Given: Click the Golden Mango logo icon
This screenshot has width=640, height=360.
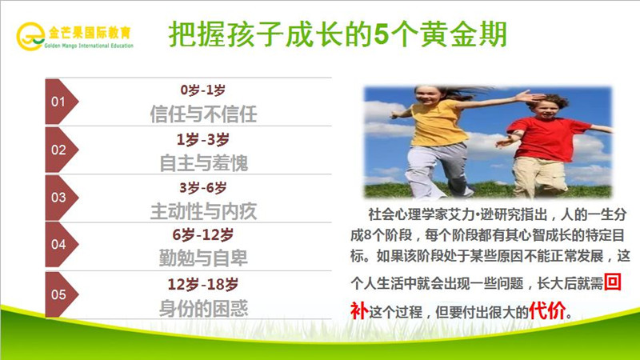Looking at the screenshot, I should click(x=32, y=34).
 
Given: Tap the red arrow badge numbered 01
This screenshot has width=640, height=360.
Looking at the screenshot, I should click(x=61, y=102).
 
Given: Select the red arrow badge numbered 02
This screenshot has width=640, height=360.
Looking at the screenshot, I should click(x=61, y=150).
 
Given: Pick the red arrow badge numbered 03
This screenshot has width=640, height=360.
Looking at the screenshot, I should click(x=61, y=198).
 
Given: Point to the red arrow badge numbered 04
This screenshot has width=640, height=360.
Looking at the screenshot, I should click(x=61, y=246).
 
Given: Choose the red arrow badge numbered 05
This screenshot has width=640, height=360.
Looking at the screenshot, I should click(x=61, y=294).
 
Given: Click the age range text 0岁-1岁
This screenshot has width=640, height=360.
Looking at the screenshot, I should click(x=202, y=90).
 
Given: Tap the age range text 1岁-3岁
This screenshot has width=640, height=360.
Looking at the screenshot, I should click(x=202, y=138).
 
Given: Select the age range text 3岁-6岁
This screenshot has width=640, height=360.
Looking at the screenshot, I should click(x=202, y=187).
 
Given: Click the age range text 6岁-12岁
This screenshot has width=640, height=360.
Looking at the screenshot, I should click(x=202, y=235).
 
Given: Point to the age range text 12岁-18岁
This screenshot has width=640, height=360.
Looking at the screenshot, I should click(x=202, y=284).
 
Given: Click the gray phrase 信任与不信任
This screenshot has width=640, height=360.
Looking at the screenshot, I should click(x=203, y=114).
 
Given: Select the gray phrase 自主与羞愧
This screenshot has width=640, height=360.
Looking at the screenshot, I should click(x=203, y=162).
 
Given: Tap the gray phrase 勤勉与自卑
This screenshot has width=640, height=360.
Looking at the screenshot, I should click(x=203, y=258).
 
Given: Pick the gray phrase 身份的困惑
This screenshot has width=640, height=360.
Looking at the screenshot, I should click(x=203, y=307).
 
